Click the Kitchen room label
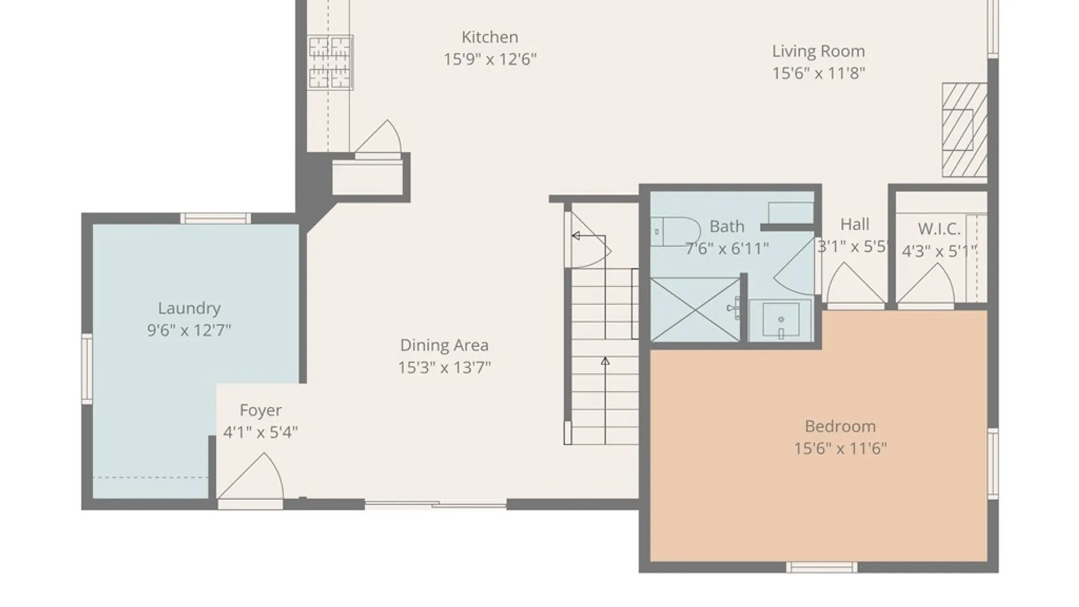click(489, 37)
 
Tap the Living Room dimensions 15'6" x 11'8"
click(818, 73)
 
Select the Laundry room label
click(189, 309)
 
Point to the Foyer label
click(260, 411)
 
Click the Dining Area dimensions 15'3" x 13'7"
click(444, 368)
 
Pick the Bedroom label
click(840, 427)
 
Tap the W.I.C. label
click(939, 229)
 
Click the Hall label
click(855, 224)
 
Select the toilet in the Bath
click(675, 231)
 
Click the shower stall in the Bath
click(695, 309)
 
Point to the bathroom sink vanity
click(781, 320)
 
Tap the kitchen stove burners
click(330, 62)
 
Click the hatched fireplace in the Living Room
click(965, 130)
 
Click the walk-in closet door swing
click(926, 284)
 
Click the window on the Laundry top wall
click(215, 218)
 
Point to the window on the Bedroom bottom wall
click(822, 567)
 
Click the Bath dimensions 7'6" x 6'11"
click(727, 248)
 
